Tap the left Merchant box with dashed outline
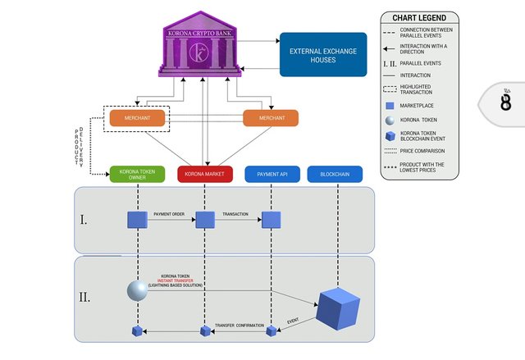pos(137,118)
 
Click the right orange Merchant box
pos(271,118)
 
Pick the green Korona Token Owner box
pos(137,174)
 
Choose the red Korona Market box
pos(205,174)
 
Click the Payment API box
pos(272,174)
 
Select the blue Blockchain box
pos(335,174)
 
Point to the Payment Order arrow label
pos(171,213)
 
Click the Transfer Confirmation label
pos(239,326)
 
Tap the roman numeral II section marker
pos(84,297)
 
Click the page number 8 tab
pos(505,102)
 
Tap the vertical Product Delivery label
pos(80,146)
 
